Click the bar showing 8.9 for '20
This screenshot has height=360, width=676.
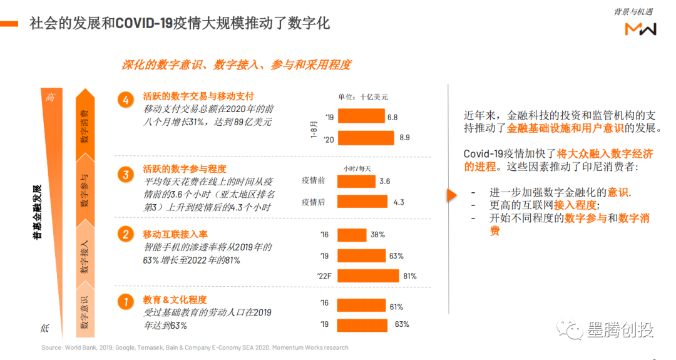(366, 138)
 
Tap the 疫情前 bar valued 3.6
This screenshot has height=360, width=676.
(356, 182)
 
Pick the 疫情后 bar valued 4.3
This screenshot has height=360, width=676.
(362, 202)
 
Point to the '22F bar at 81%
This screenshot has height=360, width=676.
(367, 275)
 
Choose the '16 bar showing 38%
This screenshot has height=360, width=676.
(351, 235)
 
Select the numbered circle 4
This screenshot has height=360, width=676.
(126, 100)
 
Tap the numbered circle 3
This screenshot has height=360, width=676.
(126, 173)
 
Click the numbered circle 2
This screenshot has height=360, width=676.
(126, 234)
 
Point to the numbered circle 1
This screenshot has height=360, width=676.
(126, 301)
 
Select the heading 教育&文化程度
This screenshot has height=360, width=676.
(175, 300)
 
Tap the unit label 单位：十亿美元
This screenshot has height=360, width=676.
(363, 97)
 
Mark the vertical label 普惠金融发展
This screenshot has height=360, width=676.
(37, 212)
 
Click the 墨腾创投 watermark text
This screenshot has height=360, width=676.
(620, 329)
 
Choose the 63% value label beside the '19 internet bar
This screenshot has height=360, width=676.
(396, 256)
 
